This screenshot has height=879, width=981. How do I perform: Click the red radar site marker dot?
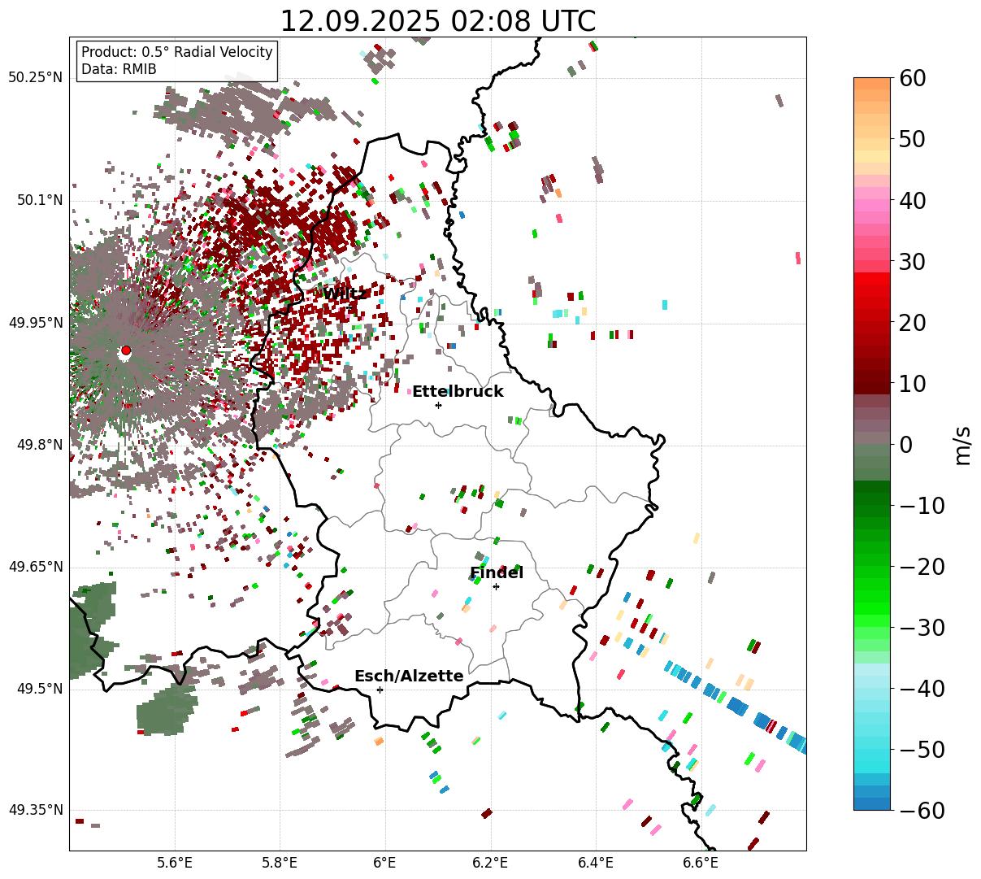click(126, 350)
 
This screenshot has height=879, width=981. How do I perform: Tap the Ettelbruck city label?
click(458, 392)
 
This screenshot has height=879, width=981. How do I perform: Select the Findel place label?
click(496, 573)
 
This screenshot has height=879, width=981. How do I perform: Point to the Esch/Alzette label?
click(409, 677)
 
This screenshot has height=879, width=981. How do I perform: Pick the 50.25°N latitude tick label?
click(35, 78)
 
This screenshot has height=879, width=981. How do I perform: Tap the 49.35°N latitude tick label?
click(35, 810)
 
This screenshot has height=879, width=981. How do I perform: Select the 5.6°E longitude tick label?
click(175, 863)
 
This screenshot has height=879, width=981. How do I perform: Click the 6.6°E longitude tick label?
click(701, 863)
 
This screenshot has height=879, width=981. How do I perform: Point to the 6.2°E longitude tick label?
click(490, 863)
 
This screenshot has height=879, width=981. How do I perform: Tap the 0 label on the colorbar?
click(905, 445)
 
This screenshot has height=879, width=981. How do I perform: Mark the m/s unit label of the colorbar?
click(964, 445)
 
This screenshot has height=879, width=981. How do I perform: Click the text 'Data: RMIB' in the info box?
click(119, 69)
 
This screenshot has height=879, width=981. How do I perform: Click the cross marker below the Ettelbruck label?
click(439, 405)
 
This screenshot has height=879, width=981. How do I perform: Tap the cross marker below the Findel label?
click(496, 586)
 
